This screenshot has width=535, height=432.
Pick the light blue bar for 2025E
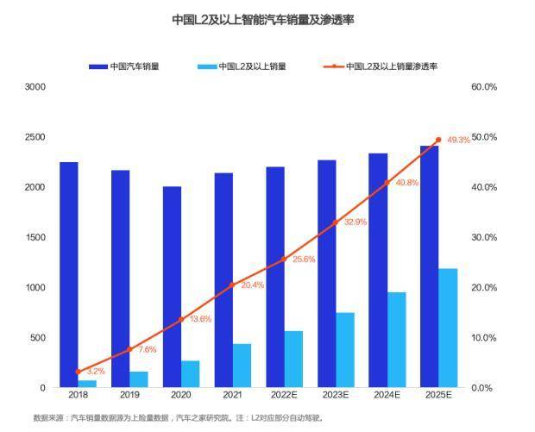click(x=447, y=328)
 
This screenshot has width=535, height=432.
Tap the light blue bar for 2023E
click(x=345, y=349)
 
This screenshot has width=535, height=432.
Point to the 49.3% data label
click(x=458, y=140)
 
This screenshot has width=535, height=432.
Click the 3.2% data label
click(x=95, y=371)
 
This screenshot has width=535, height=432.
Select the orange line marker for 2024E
click(x=387, y=183)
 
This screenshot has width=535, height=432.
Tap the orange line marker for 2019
click(x=129, y=349)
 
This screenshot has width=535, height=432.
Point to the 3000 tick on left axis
click(x=35, y=87)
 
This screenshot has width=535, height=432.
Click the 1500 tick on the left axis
click(x=35, y=237)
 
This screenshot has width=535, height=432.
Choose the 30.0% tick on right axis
click(x=483, y=237)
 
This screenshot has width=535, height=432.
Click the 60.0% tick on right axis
click(x=483, y=87)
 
